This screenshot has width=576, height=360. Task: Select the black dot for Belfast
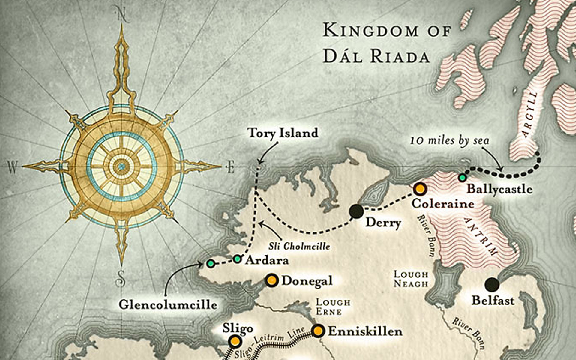coord(492,284)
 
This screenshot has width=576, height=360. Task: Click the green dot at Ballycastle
coord(463,178)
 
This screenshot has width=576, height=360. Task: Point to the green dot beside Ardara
coord(237,259)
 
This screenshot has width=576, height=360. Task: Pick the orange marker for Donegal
coord(272,280)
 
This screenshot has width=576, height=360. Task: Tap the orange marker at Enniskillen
coord(318,331)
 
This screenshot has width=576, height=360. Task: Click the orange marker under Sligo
coord(235,341)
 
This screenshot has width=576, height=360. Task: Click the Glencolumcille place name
coord(168,305)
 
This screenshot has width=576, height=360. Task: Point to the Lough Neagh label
coord(411,279)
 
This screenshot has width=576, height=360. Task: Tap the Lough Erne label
coord(333,307)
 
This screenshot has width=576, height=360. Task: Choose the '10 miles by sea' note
coord(450,140)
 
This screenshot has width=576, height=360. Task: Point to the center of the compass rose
coord(121,166)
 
